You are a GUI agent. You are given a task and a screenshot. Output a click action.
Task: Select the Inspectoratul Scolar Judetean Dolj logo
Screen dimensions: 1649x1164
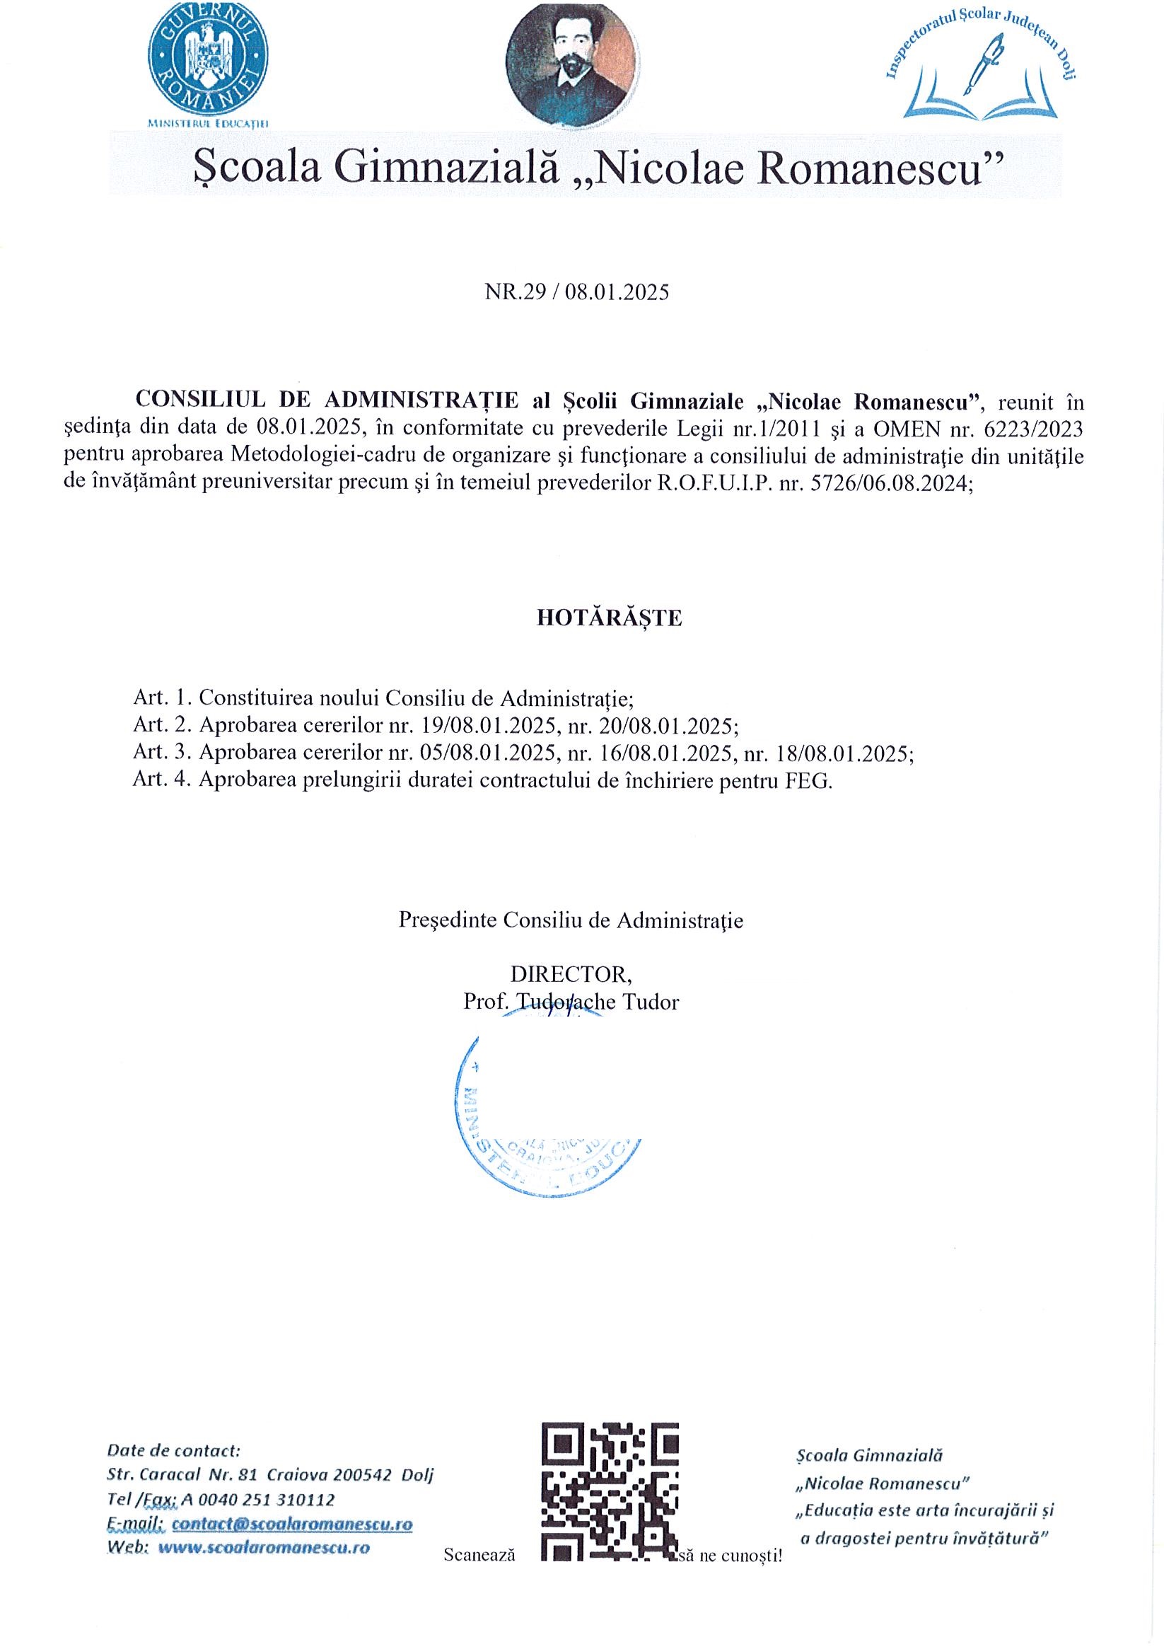pyautogui.click(x=981, y=66)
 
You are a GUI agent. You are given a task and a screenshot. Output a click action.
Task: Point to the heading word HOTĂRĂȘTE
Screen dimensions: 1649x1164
pyautogui.click(x=609, y=618)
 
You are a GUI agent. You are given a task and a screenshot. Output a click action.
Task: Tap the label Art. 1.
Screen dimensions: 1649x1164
pyautogui.click(x=162, y=698)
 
